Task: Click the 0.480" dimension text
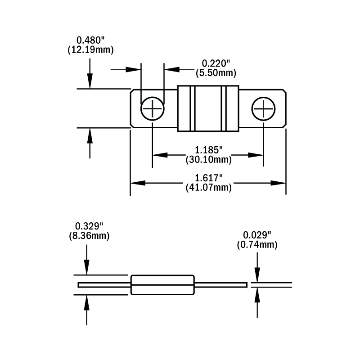click(x=90, y=40)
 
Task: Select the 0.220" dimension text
click(x=216, y=63)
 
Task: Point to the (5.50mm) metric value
click(x=216, y=72)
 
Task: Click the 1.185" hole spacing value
click(x=208, y=149)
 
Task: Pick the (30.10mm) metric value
click(x=208, y=159)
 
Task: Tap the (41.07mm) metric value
click(x=208, y=188)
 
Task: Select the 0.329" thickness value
click(x=89, y=226)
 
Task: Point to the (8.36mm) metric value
click(x=89, y=235)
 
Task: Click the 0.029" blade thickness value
click(x=257, y=235)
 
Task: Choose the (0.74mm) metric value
click(x=257, y=245)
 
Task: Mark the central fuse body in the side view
click(x=163, y=285)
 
